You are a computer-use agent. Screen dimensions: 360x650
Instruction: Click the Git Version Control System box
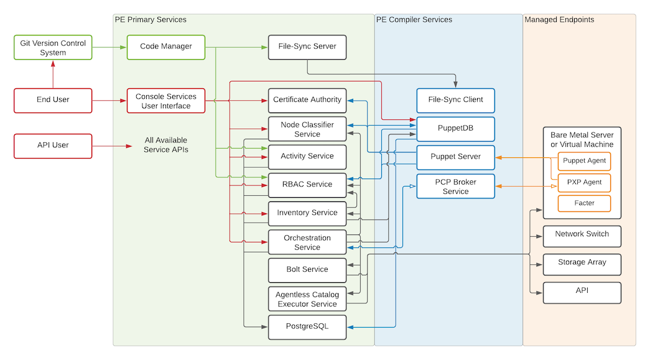pos(53,48)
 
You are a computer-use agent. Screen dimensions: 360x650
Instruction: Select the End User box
pos(53,100)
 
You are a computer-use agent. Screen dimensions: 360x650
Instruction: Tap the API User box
pos(53,145)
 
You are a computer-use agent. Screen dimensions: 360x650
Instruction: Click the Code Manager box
pos(165,47)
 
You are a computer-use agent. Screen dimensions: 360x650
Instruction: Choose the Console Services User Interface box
pos(165,101)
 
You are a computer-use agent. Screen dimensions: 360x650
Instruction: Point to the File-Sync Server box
pos(307,47)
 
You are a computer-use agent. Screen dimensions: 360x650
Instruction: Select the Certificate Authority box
pos(307,100)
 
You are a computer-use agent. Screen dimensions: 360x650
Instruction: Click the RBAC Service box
pos(307,185)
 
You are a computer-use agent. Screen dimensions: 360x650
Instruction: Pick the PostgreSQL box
pos(307,326)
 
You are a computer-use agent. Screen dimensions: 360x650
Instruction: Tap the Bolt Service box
pos(307,270)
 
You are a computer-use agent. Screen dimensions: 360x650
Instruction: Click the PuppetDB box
pos(455,129)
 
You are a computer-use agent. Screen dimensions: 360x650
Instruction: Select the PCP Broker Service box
pos(455,186)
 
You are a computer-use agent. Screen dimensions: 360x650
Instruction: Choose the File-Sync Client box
pos(455,100)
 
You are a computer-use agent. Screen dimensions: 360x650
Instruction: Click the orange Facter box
pos(584,203)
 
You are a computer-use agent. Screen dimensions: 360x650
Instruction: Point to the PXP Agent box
pos(584,183)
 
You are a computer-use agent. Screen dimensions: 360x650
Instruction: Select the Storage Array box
pos(582,264)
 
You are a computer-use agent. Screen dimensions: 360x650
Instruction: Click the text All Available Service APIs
pos(165,145)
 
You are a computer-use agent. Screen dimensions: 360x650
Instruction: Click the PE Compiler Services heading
pos(414,20)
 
